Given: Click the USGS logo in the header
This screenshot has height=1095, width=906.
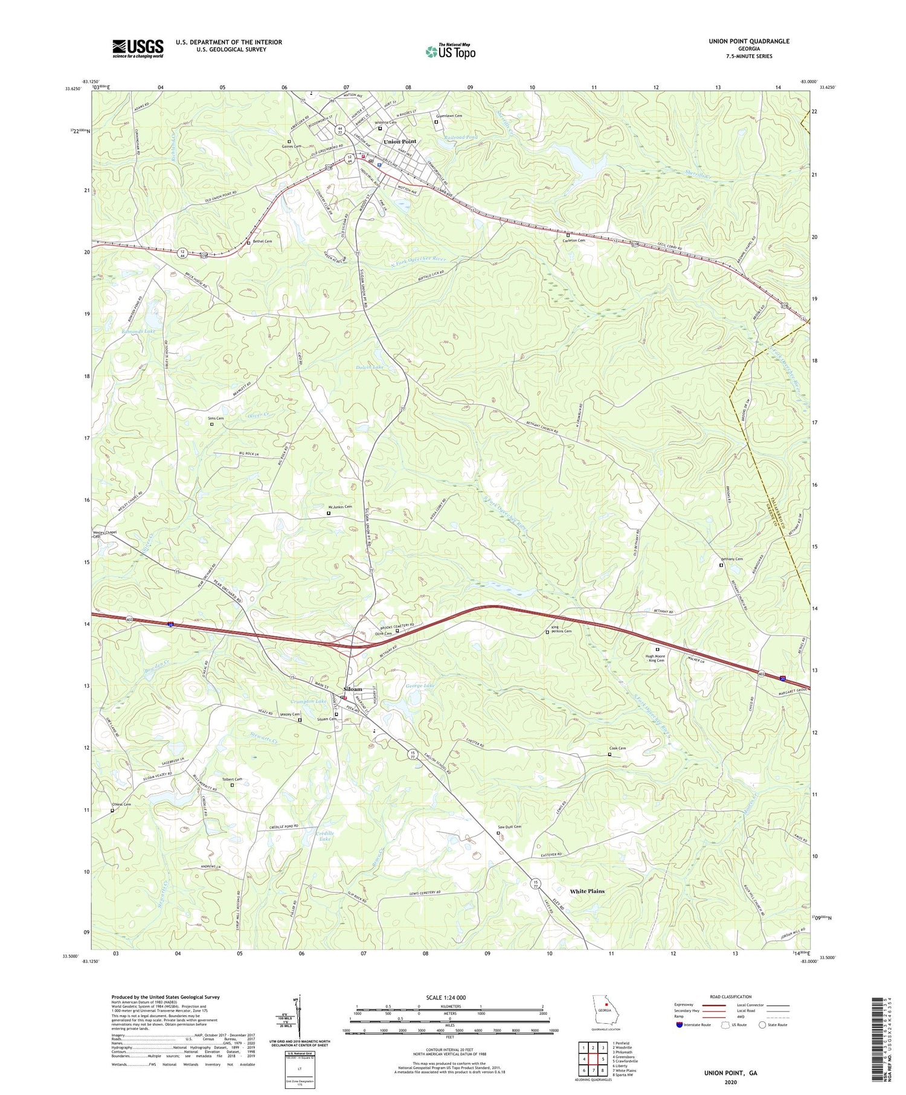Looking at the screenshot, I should [x=138, y=48].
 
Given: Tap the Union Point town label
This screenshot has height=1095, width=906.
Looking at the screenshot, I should [x=400, y=141].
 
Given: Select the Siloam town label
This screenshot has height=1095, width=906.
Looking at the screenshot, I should [x=353, y=689].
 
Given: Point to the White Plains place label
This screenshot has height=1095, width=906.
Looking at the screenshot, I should [x=587, y=891].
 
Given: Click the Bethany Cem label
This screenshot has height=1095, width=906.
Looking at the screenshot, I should [x=731, y=559].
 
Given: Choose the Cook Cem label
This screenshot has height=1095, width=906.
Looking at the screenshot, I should [x=617, y=749].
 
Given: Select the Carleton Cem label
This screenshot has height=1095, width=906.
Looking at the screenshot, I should [x=574, y=240].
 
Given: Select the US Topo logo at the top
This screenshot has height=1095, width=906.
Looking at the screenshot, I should [x=450, y=51].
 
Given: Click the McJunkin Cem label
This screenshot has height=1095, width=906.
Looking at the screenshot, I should [x=339, y=507].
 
